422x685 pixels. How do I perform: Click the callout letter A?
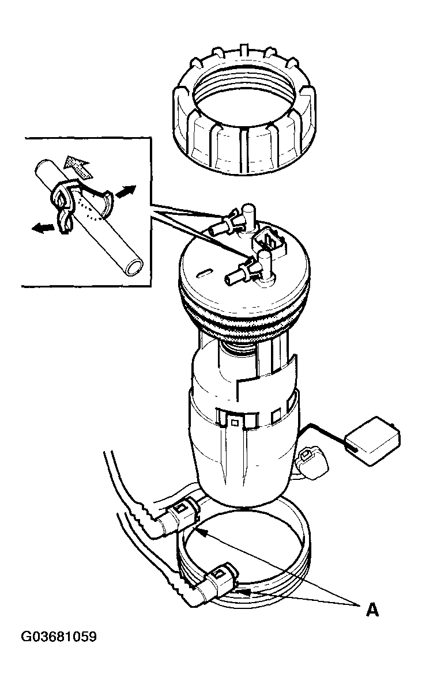(x=372, y=610)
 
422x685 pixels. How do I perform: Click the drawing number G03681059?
(x=59, y=637)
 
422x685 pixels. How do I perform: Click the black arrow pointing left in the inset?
(x=44, y=227)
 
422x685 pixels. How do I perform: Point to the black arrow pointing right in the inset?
(x=125, y=191)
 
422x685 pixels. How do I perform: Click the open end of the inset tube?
(x=131, y=267)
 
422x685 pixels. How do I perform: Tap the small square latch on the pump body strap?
(x=235, y=422)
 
